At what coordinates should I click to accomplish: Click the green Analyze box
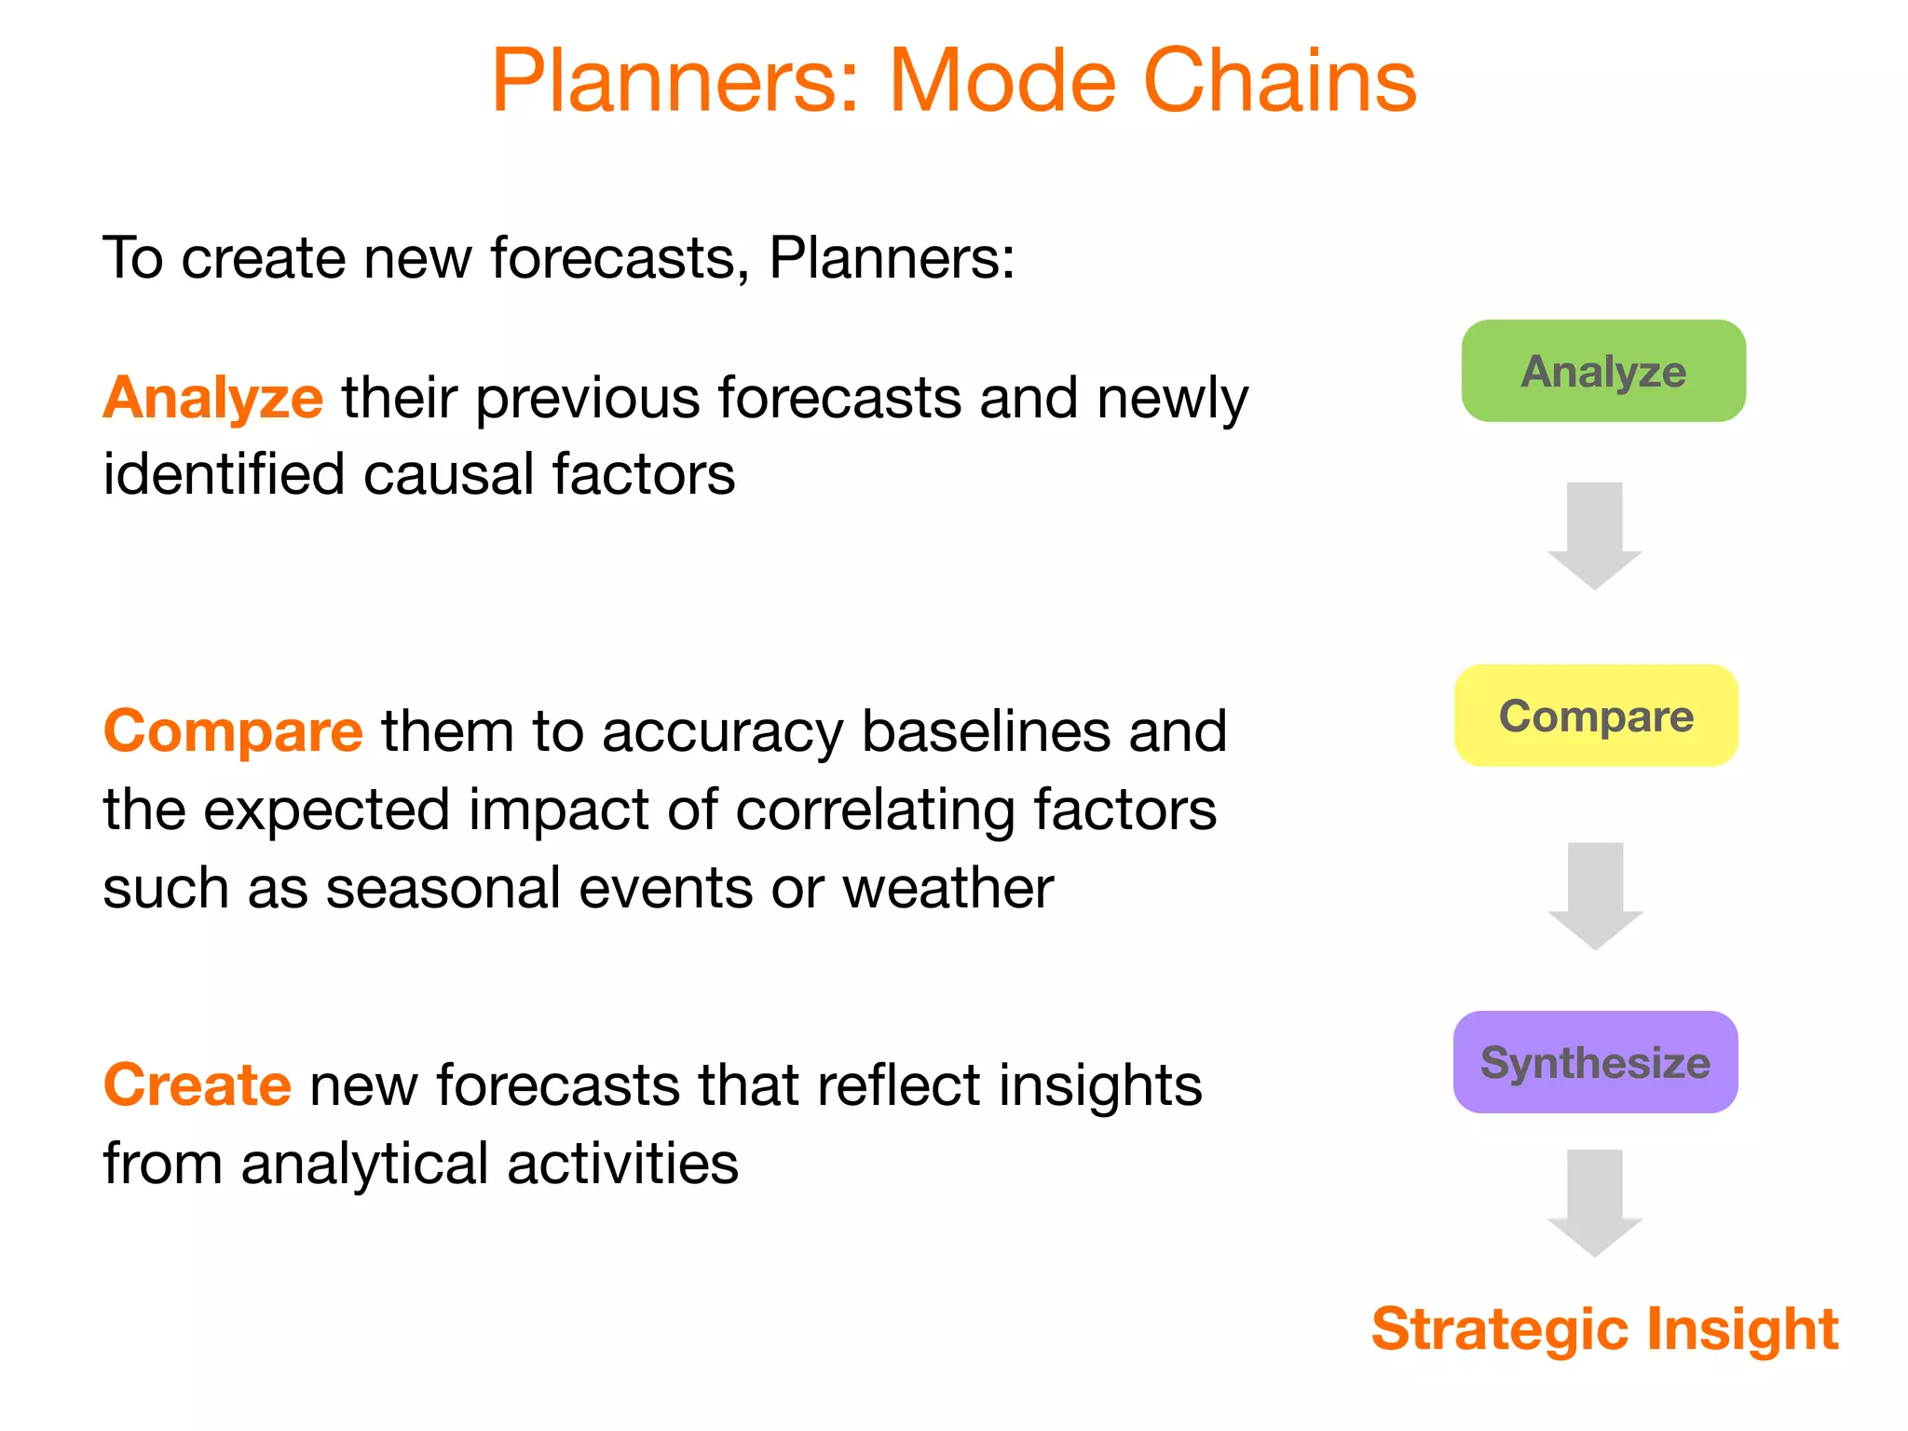(1603, 371)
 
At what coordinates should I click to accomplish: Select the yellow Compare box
(1596, 715)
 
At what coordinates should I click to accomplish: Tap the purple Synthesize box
(1595, 1062)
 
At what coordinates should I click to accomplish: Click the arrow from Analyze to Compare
(1594, 535)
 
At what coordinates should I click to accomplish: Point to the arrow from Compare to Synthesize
(1595, 895)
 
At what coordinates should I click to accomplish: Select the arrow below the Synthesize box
(1594, 1202)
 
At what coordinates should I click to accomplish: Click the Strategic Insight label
(1604, 1328)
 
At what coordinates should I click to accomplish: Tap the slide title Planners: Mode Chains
(953, 81)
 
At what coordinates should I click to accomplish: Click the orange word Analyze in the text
(213, 399)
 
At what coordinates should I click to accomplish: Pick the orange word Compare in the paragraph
(233, 731)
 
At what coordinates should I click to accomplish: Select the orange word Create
(198, 1085)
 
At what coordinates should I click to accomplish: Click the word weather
(947, 888)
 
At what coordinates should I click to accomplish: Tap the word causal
(447, 474)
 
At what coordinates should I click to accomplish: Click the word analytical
(363, 1165)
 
